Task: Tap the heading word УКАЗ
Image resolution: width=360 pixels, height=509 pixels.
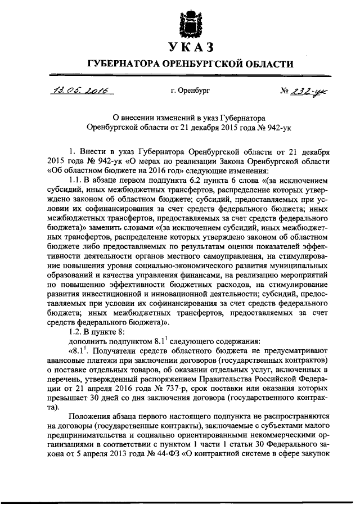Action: pos(189,46)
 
